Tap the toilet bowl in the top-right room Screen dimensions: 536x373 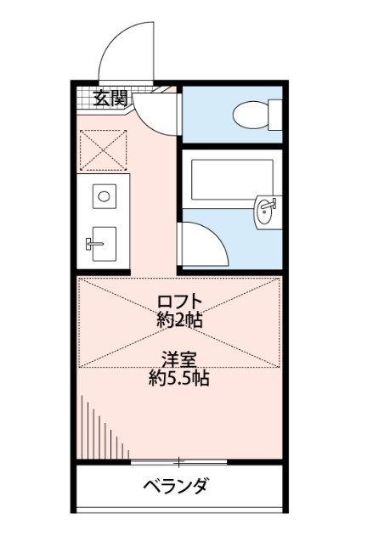pyautogui.click(x=251, y=112)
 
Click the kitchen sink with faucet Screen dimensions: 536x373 pyautogui.click(x=104, y=245)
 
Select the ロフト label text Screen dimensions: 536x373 pyautogui.click(x=179, y=301)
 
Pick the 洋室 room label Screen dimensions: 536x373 pyautogui.click(x=179, y=358)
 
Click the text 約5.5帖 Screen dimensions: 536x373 pyautogui.click(x=179, y=377)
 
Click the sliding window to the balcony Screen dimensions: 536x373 pyautogui.click(x=179, y=462)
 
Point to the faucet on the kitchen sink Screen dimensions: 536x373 pyautogui.click(x=93, y=245)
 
